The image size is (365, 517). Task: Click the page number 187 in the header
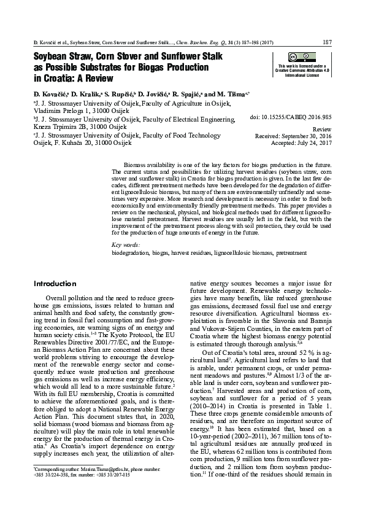[x=327, y=42]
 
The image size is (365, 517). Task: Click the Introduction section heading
[x=55, y=284]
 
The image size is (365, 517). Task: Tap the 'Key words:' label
[x=126, y=245]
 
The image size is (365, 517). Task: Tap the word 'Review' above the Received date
[x=322, y=130]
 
